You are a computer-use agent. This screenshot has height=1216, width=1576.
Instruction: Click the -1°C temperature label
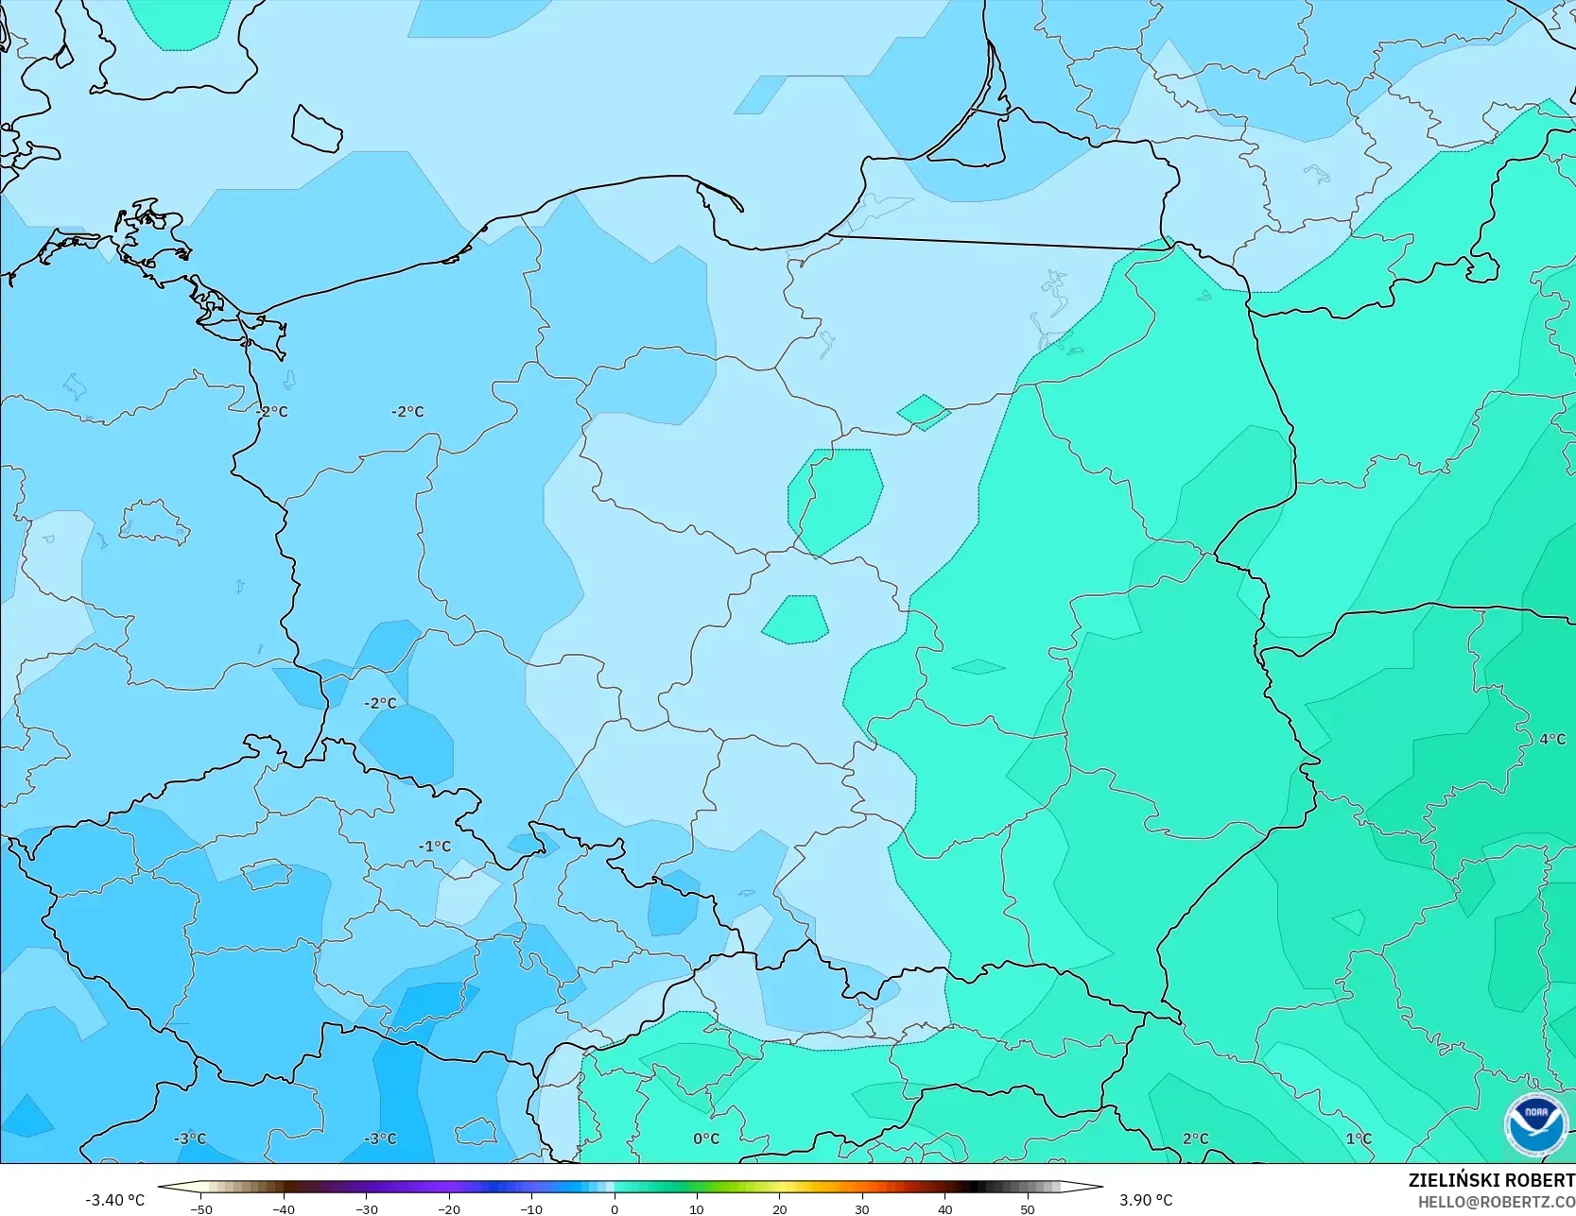coord(435,847)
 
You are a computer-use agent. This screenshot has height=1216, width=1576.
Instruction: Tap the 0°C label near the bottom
coord(706,1139)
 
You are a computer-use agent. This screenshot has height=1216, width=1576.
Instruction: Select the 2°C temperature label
coord(1195,1139)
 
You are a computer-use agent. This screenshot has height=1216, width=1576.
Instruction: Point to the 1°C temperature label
coord(1359,1139)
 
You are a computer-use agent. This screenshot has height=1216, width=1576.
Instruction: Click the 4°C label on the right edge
coord(1551,739)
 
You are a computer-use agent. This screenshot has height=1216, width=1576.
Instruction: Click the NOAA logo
coord(1536,1124)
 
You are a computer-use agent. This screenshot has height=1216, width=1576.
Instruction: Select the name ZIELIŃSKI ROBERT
coord(1491,1180)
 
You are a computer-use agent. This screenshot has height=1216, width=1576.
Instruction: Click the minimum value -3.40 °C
coord(114,1200)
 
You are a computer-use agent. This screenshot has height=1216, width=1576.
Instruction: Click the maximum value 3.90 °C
coord(1146,1200)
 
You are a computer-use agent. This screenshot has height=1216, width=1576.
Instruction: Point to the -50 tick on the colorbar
coord(200,1208)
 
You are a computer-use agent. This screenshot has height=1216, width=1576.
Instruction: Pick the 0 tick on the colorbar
coord(615,1208)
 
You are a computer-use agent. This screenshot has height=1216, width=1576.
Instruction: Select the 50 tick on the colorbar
coord(1028,1208)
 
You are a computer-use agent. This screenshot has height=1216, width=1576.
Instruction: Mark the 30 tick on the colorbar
coord(862,1208)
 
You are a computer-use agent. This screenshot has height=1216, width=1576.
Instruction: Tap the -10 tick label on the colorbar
coord(531,1208)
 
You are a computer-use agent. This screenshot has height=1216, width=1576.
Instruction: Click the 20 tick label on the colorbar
coord(779,1208)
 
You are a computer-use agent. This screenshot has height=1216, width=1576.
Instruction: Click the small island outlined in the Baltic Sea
coord(317,128)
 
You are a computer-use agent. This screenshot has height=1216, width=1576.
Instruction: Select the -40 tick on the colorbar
coord(283,1208)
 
